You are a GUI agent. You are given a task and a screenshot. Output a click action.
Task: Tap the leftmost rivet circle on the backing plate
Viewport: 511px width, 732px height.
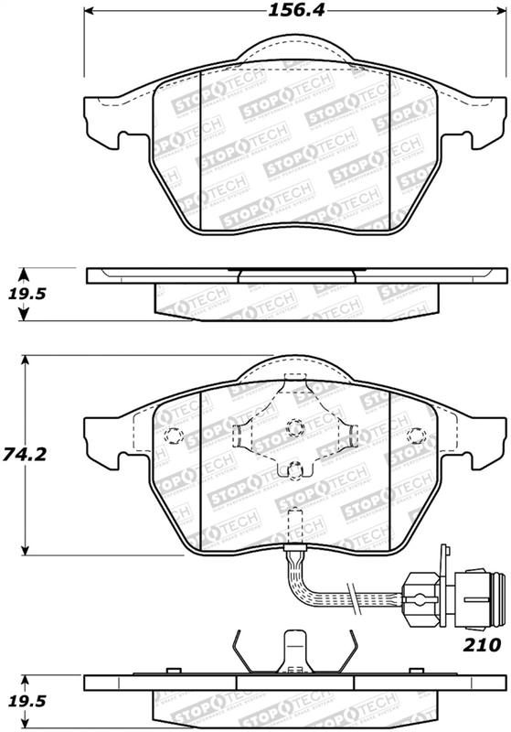(x=169, y=436)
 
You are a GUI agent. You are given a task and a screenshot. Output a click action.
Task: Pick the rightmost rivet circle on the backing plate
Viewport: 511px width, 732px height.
(x=417, y=435)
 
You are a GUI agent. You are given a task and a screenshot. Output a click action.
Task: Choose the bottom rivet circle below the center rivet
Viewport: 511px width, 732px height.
(x=293, y=471)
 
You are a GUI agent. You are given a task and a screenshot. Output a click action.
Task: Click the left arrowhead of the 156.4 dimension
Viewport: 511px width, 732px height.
(x=90, y=12)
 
